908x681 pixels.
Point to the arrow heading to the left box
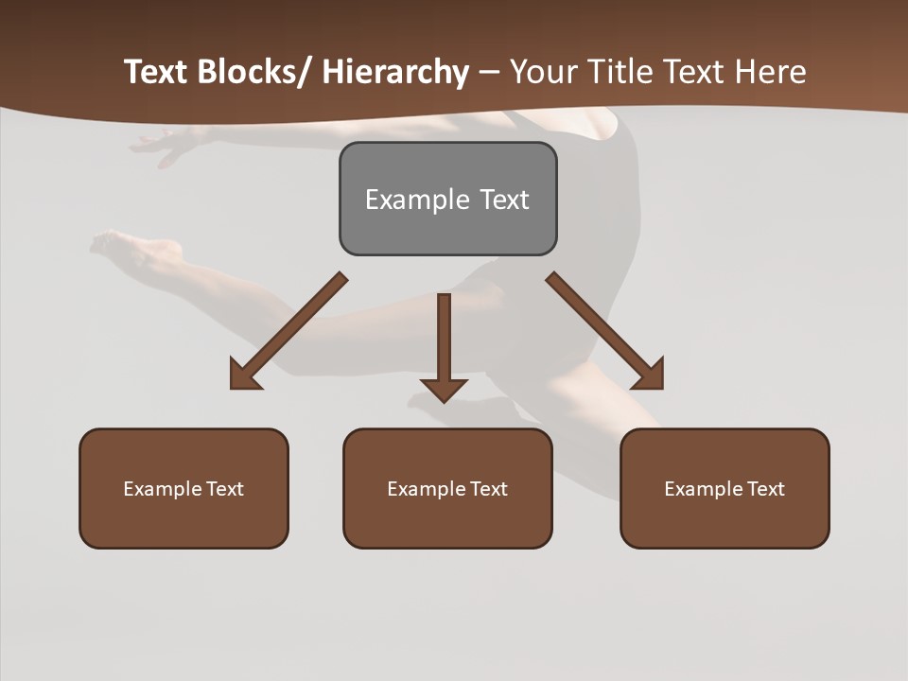point(288,331)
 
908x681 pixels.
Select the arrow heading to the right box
point(605,331)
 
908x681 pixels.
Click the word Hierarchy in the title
point(395,72)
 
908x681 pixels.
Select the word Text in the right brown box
point(765,489)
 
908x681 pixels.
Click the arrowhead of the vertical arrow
point(444,388)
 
